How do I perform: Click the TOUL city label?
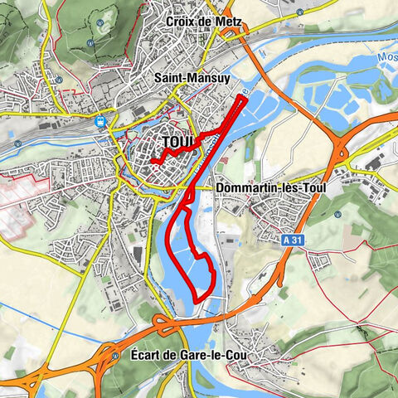178,143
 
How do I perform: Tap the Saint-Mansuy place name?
193,77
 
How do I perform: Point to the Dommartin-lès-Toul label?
270,188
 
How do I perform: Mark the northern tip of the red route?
243,98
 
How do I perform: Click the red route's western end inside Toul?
153,163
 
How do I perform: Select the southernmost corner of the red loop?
196,298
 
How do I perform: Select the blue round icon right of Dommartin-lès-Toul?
338,213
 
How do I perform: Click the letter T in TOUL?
166,143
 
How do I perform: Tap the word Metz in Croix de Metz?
224,20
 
